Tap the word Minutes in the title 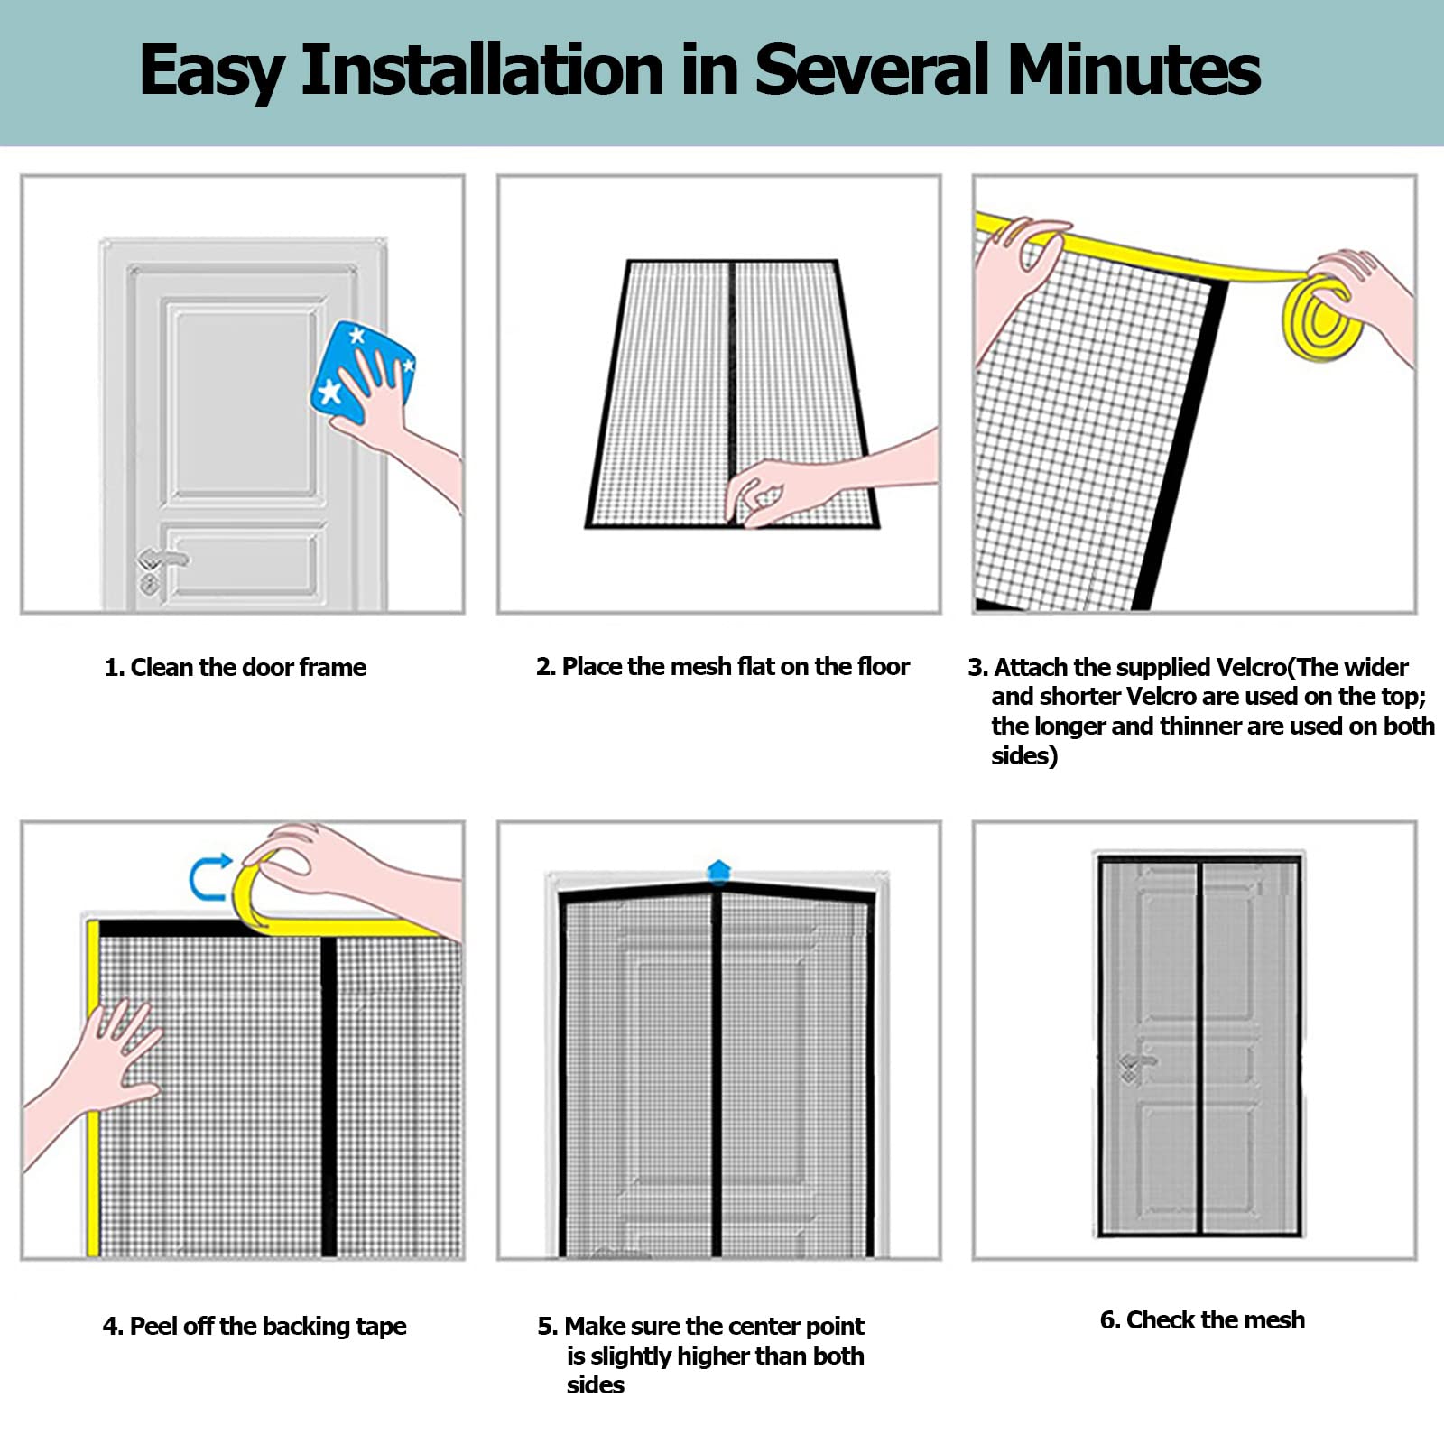pyautogui.click(x=1134, y=69)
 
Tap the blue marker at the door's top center pyautogui.click(x=718, y=871)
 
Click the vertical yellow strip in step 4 pyautogui.click(x=92, y=1088)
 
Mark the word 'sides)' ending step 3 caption pyautogui.click(x=1024, y=755)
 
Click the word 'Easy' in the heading pyautogui.click(x=213, y=71)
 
